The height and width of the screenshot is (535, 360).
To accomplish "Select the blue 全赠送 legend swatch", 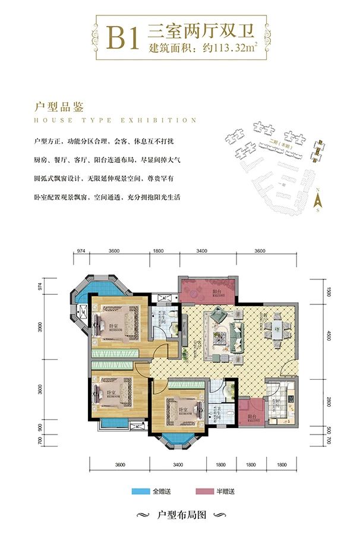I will [141, 492].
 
